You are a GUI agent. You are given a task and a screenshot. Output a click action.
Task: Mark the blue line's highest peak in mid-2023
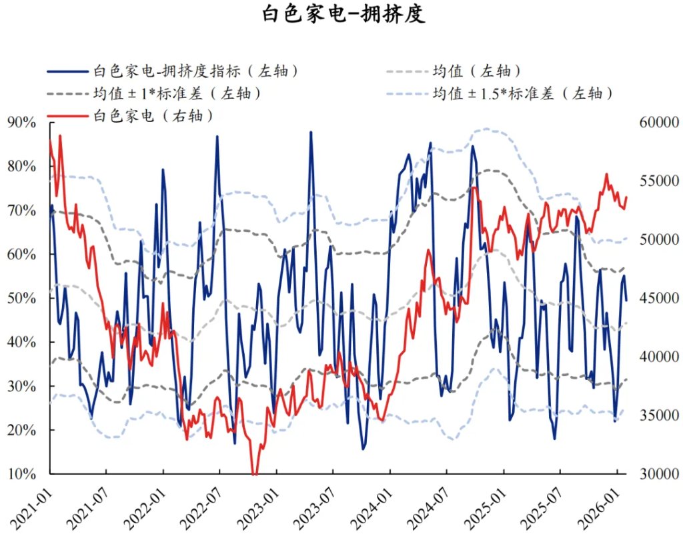(310, 132)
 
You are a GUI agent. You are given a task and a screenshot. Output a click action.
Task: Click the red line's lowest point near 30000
(254, 474)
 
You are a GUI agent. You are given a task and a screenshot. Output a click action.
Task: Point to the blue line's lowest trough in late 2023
(364, 449)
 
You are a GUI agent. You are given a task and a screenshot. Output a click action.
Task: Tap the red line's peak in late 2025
(607, 175)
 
